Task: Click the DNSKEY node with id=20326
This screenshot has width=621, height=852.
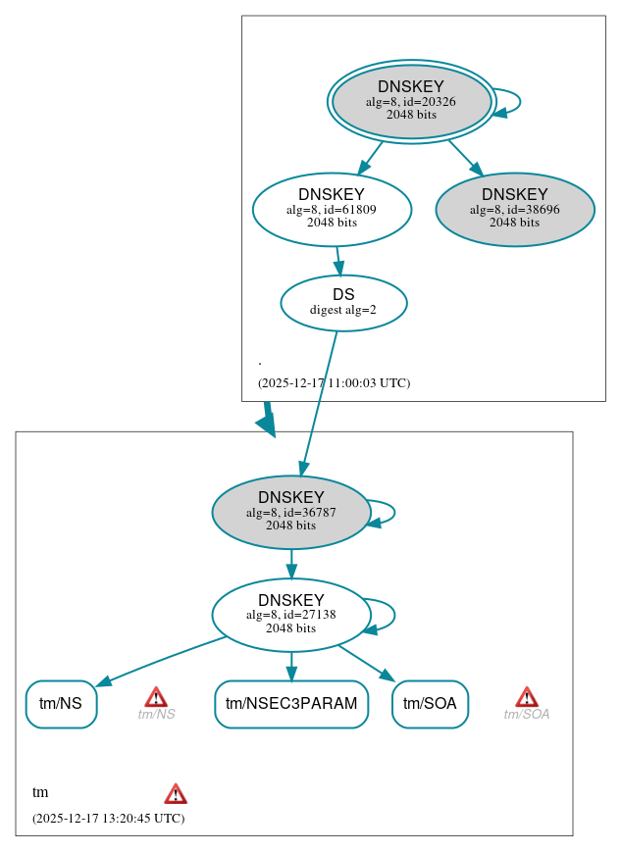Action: (411, 101)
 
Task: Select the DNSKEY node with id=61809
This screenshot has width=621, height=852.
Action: (332, 209)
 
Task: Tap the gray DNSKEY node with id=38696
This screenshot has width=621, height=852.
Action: (515, 209)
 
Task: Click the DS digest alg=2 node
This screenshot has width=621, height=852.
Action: (343, 302)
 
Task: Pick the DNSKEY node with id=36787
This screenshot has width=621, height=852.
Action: (290, 512)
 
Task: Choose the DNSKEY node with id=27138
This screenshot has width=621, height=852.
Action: (290, 615)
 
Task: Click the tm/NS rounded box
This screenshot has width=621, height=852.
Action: (61, 703)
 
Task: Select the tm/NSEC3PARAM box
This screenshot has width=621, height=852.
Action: (291, 703)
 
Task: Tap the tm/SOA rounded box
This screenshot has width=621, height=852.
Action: (430, 703)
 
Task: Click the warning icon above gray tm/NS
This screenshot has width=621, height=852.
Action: (156, 697)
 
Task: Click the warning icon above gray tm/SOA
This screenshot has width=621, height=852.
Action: (527, 697)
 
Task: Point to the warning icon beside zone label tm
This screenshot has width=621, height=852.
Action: (176, 793)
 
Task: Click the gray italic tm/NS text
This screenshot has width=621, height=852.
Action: (156, 715)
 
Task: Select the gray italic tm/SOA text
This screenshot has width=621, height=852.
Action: (527, 715)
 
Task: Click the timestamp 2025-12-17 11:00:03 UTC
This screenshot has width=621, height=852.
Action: (334, 383)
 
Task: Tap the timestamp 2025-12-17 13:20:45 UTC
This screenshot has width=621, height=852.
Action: (108, 819)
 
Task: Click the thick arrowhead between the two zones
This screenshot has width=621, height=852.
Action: (267, 423)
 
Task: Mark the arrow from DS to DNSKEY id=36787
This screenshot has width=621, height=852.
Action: (320, 402)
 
